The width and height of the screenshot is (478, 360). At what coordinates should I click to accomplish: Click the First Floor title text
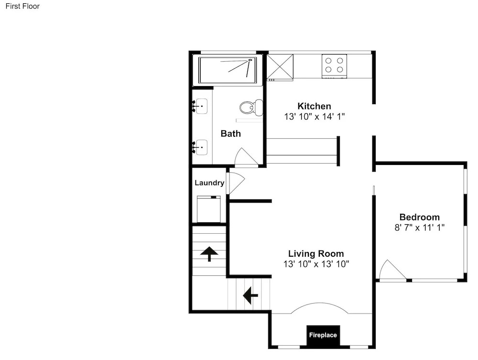click(22, 6)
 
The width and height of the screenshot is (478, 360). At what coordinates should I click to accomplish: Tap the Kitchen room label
click(314, 106)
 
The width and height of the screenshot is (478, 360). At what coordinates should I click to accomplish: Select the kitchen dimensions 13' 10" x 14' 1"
click(315, 117)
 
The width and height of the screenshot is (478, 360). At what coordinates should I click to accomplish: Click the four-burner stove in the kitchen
click(335, 66)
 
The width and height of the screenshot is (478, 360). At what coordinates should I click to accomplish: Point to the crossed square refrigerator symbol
click(280, 67)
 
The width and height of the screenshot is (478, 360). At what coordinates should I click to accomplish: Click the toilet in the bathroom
click(251, 107)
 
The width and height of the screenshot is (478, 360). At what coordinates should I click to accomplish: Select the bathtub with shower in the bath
click(228, 70)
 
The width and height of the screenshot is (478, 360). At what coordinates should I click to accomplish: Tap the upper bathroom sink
click(201, 106)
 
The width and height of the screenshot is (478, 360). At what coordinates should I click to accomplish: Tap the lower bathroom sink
click(201, 148)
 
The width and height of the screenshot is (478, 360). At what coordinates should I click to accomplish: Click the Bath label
click(231, 133)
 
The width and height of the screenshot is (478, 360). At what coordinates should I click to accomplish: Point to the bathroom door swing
click(246, 158)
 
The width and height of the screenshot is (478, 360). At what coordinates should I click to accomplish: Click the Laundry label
click(209, 183)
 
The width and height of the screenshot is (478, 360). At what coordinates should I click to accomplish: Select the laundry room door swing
click(236, 183)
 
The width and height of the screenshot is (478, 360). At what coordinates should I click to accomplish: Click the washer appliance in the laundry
click(209, 209)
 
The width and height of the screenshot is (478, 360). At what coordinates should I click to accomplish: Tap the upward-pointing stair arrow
click(209, 254)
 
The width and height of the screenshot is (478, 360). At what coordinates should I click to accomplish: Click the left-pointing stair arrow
click(250, 295)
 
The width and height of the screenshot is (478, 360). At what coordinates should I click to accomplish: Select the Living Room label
click(316, 253)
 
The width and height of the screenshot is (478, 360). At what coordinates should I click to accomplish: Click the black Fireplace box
click(323, 336)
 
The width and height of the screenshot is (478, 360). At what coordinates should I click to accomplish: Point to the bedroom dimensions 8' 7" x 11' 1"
click(420, 228)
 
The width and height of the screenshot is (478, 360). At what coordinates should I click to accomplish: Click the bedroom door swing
click(392, 270)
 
